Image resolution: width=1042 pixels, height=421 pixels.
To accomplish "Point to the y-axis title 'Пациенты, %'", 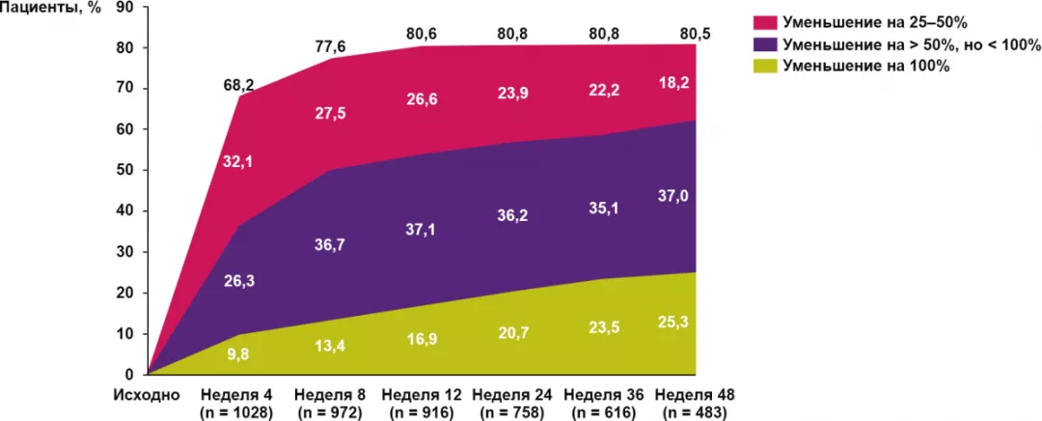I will (51, 8).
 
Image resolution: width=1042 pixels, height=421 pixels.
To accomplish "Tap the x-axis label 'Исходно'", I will (146, 395).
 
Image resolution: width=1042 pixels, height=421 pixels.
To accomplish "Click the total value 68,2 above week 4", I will (237, 86).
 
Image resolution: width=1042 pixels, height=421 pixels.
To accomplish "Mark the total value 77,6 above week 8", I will (329, 44).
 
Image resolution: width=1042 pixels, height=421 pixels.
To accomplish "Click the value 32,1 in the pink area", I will (237, 163).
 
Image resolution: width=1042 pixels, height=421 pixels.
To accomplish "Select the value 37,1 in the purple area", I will (420, 226).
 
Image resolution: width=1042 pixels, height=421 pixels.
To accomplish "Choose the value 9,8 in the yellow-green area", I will (237, 353).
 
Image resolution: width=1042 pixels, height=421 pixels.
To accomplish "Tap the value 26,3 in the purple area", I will (237, 280).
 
